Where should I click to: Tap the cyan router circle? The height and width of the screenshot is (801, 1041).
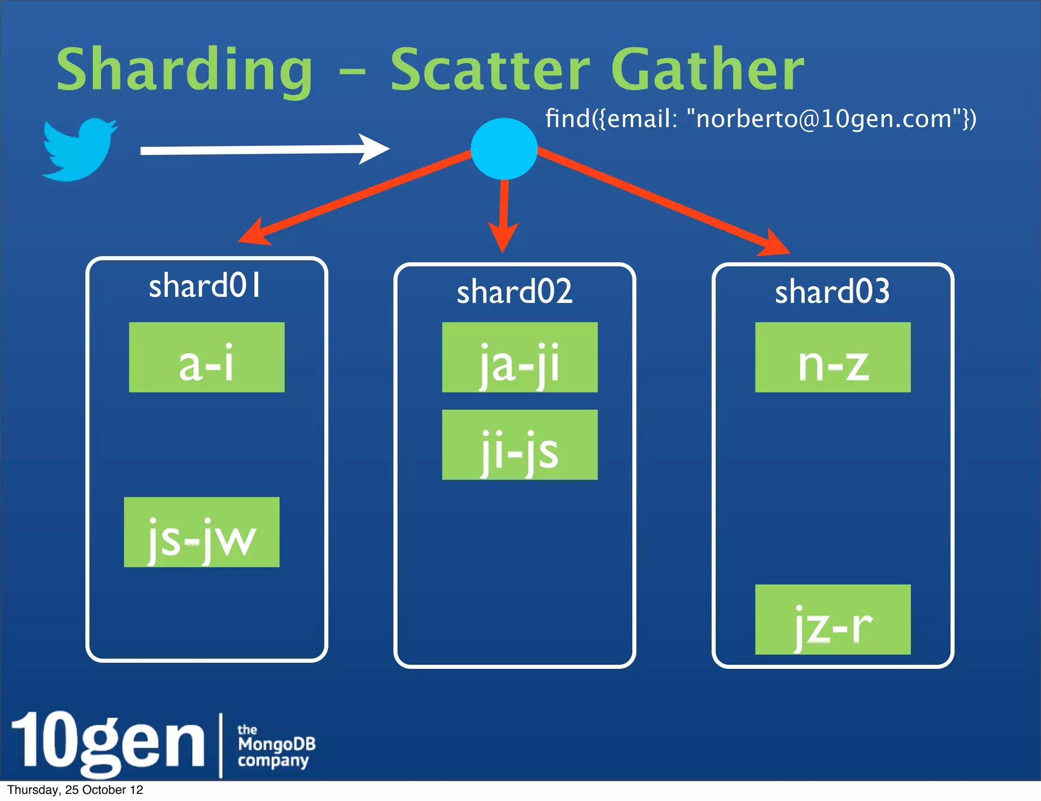point(504,148)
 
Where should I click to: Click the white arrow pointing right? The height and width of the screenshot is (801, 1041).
point(264,149)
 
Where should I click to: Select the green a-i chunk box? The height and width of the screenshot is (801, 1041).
point(206,357)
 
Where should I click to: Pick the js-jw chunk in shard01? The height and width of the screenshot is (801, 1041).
point(201,532)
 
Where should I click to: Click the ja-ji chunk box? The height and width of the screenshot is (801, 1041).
point(519,357)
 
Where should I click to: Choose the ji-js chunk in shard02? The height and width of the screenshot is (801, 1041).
point(519,445)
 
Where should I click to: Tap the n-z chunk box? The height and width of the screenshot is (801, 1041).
point(833,357)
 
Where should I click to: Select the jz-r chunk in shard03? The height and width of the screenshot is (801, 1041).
point(833,620)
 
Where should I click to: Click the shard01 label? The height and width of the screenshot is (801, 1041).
point(205,286)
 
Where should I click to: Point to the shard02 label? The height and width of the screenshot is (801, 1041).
point(514,292)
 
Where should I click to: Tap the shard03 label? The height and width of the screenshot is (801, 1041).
point(832,292)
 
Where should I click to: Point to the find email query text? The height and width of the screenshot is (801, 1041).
point(760,119)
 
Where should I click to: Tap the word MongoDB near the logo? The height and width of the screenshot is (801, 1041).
point(277,744)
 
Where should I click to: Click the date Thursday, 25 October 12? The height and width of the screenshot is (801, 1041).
point(75,790)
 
